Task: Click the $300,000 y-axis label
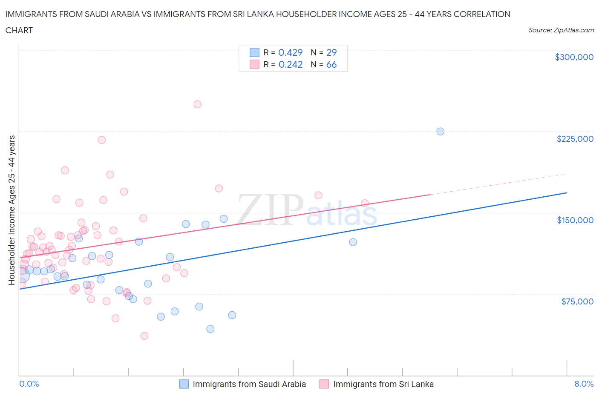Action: pos(574,57)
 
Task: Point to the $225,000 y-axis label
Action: pos(575,139)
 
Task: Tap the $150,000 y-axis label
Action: pos(575,220)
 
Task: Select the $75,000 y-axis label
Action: pos(577,301)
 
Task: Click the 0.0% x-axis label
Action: pos(29,384)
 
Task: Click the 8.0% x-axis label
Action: pos(584,384)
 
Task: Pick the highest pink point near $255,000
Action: pos(197,104)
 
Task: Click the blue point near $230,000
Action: pos(441,132)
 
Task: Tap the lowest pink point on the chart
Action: pos(144,336)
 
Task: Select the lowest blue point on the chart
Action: pos(210,329)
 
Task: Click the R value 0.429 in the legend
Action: pos(290,52)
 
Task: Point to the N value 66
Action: pos(331,64)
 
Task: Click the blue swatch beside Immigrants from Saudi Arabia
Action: pos(184,384)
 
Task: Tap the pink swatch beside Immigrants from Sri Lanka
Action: pos(324,384)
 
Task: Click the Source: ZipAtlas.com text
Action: pos(561,30)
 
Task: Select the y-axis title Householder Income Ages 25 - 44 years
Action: pos(12,210)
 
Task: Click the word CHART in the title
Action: pos(19,30)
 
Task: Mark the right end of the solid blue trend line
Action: pos(567,193)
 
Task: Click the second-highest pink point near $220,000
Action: pos(101,140)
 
